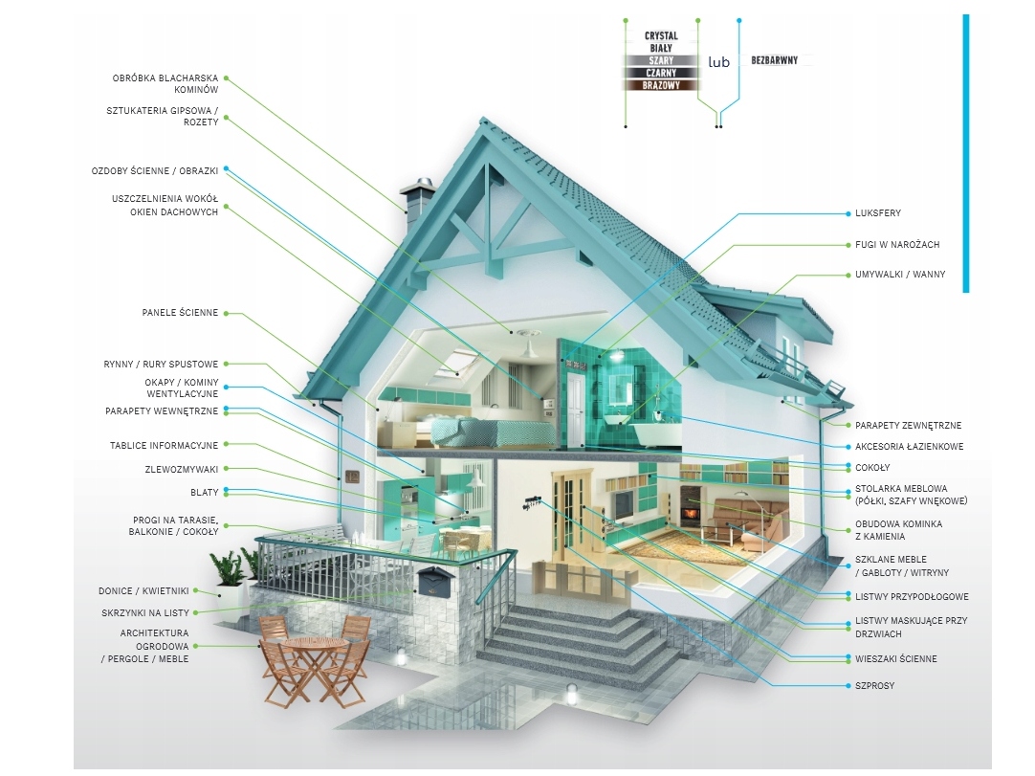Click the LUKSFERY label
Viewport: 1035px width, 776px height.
pyautogui.click(x=878, y=213)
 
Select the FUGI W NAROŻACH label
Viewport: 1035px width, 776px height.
pyautogui.click(x=897, y=245)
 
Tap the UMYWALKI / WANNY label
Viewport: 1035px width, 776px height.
pyautogui.click(x=900, y=275)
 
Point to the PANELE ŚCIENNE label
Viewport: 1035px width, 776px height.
pyautogui.click(x=180, y=313)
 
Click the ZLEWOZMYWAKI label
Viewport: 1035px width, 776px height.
pyautogui.click(x=179, y=469)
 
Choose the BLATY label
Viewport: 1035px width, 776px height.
pyautogui.click(x=205, y=493)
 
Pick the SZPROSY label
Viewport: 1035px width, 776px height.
pyautogui.click(x=875, y=686)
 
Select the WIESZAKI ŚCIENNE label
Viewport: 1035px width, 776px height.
pyautogui.click(x=896, y=659)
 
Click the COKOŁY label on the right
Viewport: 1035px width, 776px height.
pyautogui.click(x=872, y=468)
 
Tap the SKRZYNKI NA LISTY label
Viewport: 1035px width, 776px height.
pyautogui.click(x=145, y=612)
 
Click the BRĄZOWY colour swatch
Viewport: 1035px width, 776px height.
pyautogui.click(x=661, y=85)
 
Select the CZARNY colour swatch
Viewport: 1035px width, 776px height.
pyautogui.click(x=661, y=73)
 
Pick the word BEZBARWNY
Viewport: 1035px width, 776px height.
pyautogui.click(x=775, y=60)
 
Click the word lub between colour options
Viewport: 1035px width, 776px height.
pyautogui.click(x=718, y=62)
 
